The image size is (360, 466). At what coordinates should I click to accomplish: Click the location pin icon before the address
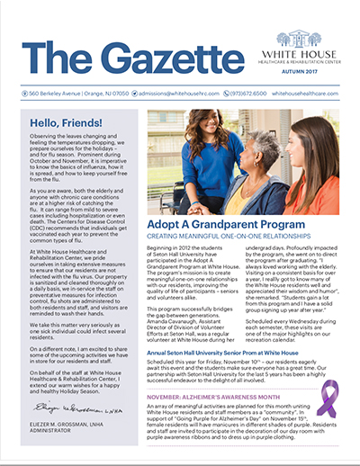point(22,92)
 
